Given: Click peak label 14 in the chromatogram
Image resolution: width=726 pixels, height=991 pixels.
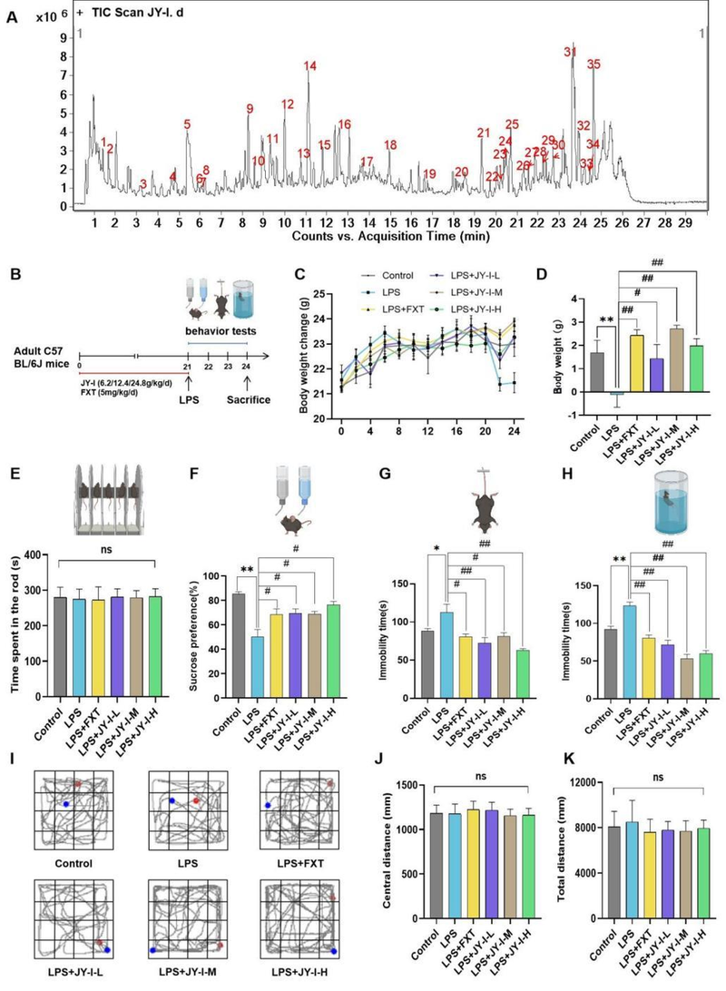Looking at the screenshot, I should (x=310, y=65).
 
